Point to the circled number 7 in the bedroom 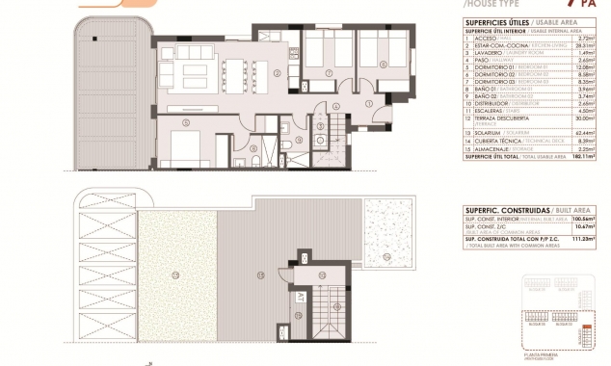point(322,64)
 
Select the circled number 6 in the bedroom point(383,65)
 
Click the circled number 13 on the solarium point(261,276)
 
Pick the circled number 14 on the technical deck point(387,256)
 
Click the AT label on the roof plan point(302,296)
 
